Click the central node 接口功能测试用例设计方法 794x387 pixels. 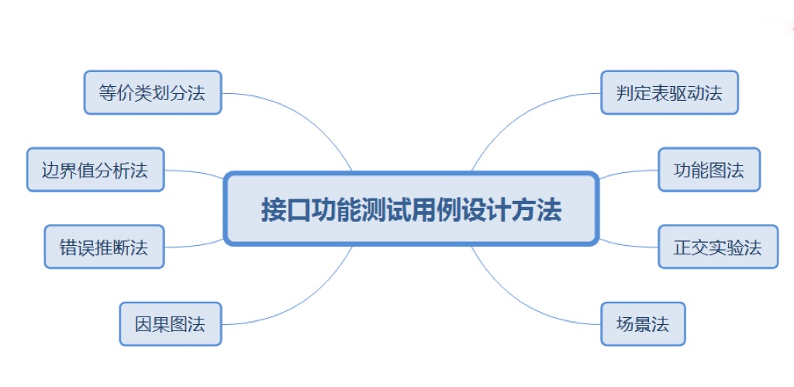coord(411,209)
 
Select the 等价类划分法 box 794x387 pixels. coord(153,92)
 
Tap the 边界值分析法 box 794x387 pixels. coord(95,169)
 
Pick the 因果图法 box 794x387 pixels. coord(171,323)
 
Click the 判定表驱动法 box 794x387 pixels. coord(669,92)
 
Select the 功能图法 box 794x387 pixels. coord(709,169)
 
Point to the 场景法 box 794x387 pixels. coord(643,323)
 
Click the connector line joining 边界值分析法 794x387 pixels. coord(194,171)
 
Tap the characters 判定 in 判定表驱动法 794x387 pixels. coord(635,93)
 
